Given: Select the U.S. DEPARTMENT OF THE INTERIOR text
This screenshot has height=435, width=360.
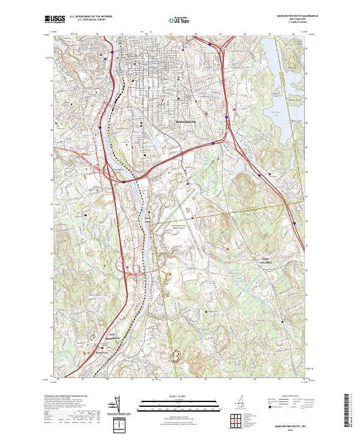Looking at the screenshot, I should click(88, 17).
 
